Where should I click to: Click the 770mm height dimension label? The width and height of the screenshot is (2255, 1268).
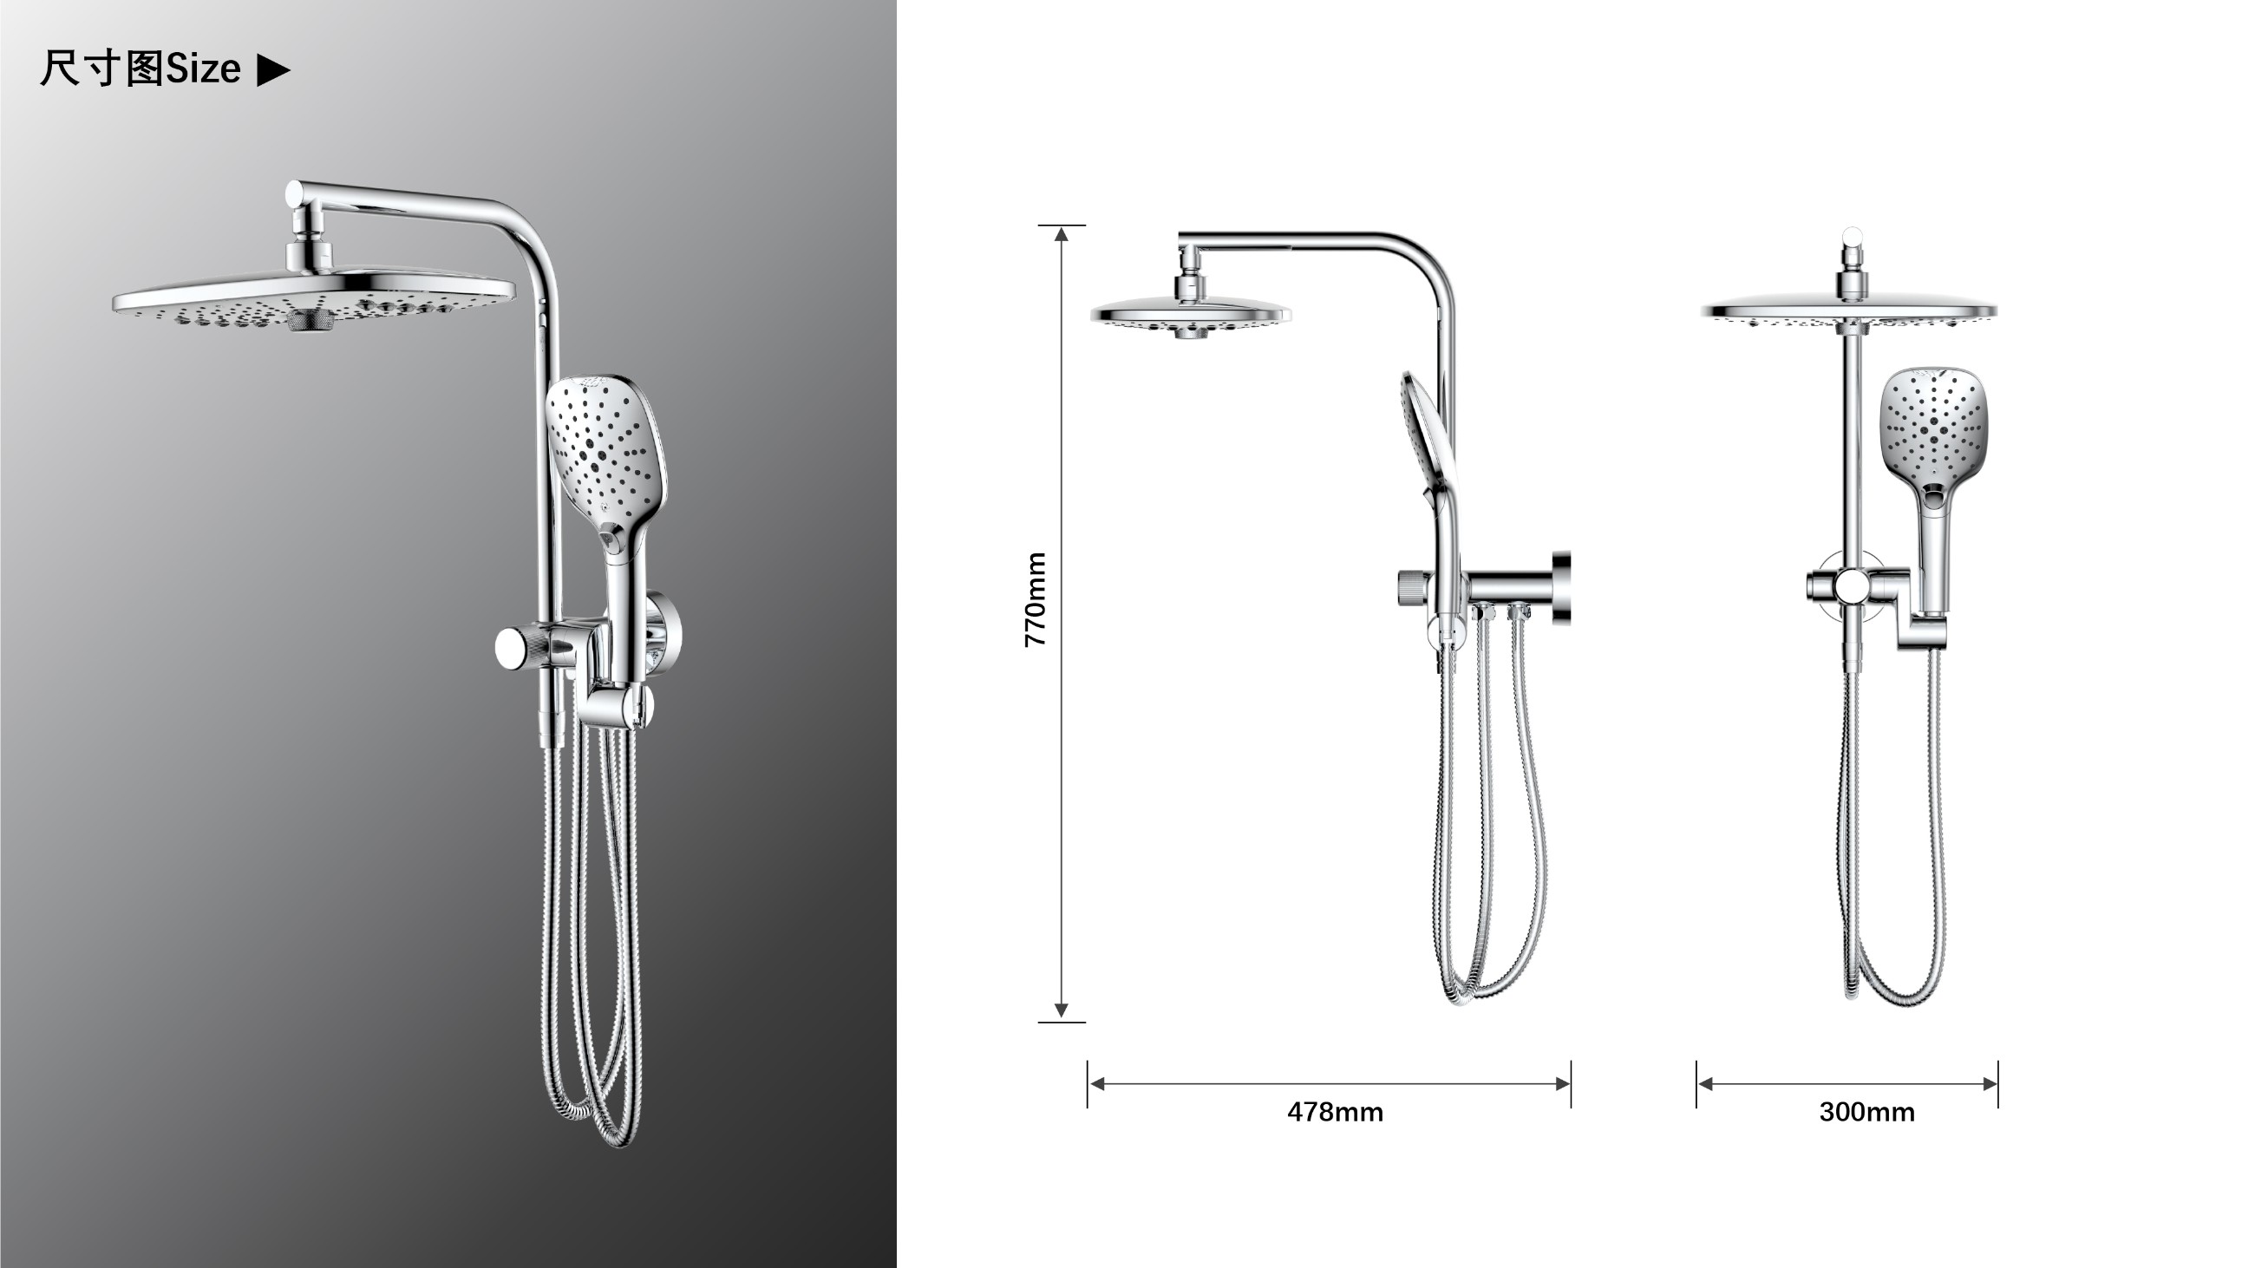pos(1036,599)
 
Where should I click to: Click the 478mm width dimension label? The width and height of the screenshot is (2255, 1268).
pos(1335,1112)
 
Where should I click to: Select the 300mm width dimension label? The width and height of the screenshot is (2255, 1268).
pos(1867,1112)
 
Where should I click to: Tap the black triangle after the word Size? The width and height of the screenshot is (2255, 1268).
pos(273,70)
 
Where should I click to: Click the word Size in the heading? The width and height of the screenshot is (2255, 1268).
pos(203,69)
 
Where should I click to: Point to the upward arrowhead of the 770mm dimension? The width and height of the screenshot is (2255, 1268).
pos(1061,233)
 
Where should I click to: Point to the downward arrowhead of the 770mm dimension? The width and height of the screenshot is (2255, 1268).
pos(1061,1010)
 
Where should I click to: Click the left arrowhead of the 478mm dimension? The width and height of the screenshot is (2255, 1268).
pos(1097,1084)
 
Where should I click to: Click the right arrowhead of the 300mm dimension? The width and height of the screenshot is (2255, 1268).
pos(1990,1084)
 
